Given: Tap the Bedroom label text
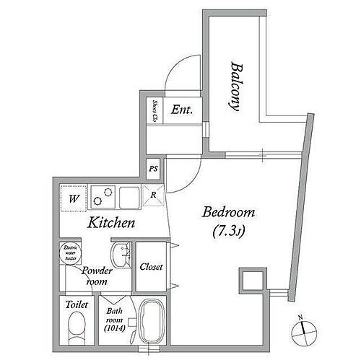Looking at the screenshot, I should tap(230, 213).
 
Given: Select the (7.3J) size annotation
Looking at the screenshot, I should tap(230, 232).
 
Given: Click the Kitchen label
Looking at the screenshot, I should tap(111, 223).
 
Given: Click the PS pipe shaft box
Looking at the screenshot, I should tap(153, 169).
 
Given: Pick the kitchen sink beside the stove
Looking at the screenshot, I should tap(130, 196).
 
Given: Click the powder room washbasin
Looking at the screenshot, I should tap(119, 255).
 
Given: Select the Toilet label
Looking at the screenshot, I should tap(77, 305).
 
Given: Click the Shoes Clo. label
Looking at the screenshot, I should tap(154, 110).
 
